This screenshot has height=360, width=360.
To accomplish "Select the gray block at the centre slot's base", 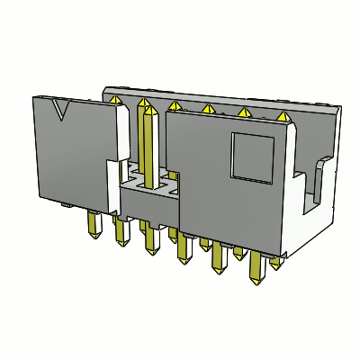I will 148,202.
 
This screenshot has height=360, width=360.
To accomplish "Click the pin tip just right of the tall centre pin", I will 174,107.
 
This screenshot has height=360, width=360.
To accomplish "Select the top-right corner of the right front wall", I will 293,127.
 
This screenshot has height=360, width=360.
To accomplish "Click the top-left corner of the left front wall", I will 33,96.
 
